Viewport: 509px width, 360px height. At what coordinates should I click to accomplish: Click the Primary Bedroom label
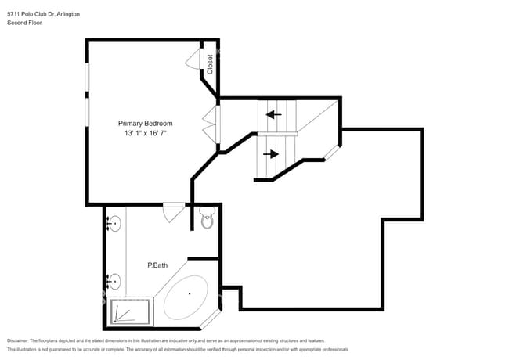[145, 124]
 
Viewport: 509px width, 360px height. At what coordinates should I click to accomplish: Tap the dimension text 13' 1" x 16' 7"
[145, 134]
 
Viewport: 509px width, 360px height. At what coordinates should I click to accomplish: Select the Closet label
[211, 63]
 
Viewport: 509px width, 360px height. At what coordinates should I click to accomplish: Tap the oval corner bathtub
[188, 297]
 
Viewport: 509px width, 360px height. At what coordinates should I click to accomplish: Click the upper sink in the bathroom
[114, 225]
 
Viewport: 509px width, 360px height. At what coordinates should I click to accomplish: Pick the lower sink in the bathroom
[114, 280]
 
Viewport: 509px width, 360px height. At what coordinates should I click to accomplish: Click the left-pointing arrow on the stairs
[273, 115]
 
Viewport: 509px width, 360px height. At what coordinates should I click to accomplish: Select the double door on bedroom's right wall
[210, 122]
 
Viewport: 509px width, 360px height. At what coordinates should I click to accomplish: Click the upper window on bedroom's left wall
[87, 78]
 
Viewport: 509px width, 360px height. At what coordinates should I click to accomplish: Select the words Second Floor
[24, 23]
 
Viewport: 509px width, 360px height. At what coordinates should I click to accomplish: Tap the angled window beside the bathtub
[212, 319]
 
